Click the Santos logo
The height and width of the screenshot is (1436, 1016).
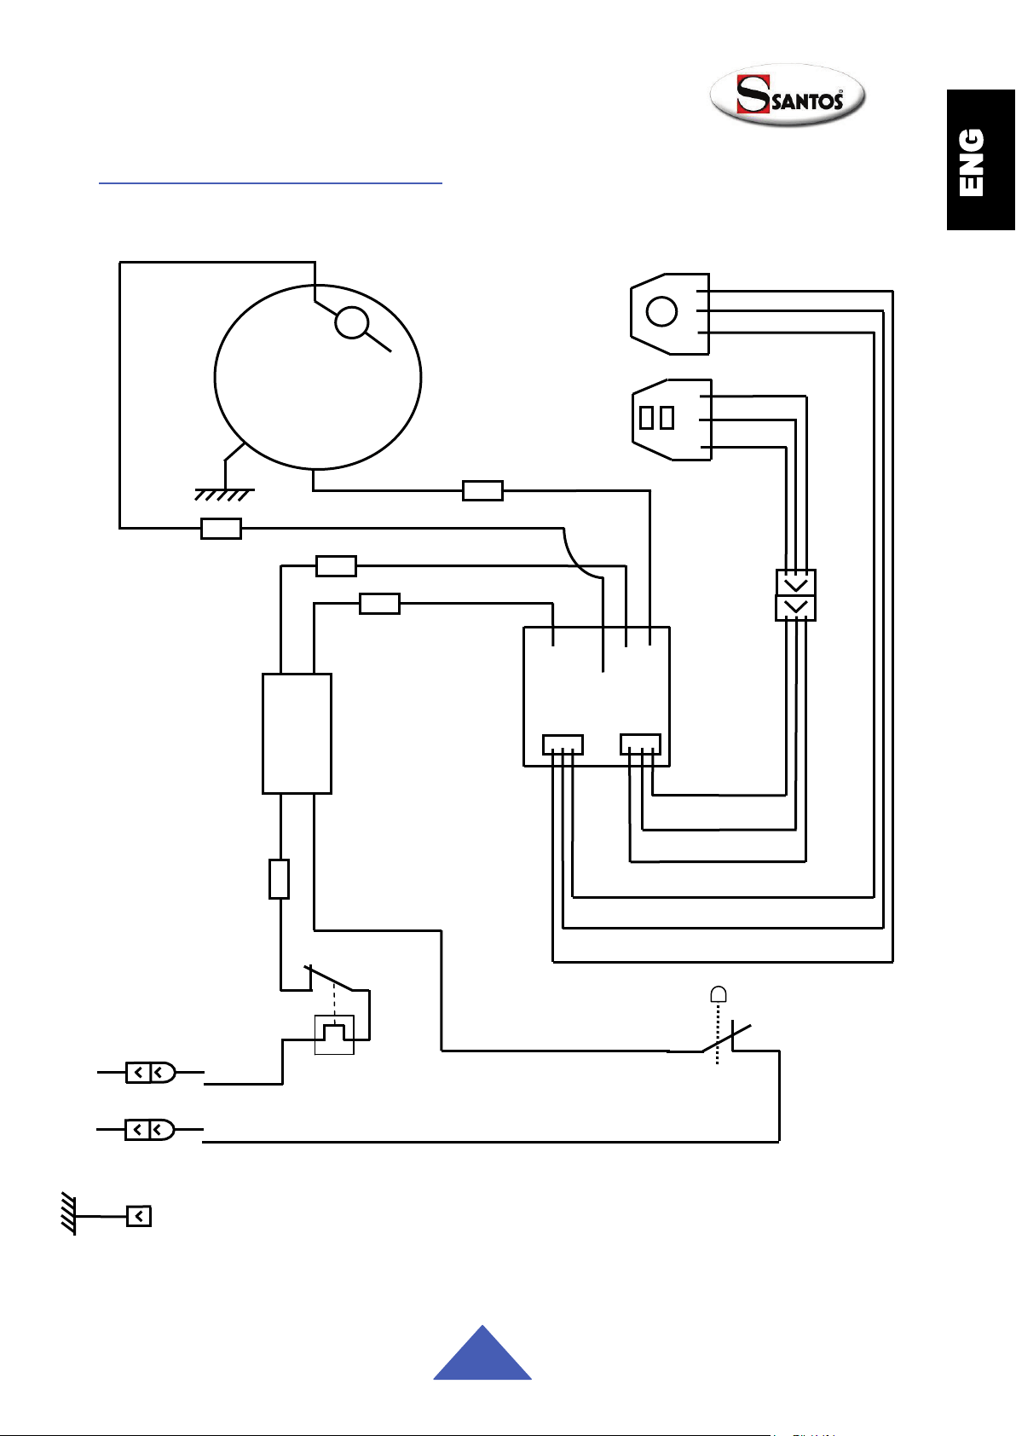(788, 95)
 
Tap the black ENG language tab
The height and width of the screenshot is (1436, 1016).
(980, 159)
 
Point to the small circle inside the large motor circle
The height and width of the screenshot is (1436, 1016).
(352, 322)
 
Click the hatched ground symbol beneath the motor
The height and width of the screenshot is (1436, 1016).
(224, 495)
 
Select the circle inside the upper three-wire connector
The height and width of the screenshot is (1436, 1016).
(661, 312)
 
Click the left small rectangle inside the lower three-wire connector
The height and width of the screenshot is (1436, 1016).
(646, 418)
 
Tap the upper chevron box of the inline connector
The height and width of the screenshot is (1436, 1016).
(795, 582)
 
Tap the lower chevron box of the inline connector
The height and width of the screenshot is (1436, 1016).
(795, 608)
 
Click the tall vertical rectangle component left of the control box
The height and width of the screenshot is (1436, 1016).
(297, 733)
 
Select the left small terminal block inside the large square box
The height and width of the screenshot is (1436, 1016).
(563, 744)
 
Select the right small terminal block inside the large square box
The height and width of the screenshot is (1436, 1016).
(641, 744)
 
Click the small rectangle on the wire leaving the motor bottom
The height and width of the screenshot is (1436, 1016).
(482, 490)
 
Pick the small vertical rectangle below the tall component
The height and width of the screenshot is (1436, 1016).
(280, 879)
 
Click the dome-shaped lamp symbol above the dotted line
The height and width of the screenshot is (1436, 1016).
(719, 994)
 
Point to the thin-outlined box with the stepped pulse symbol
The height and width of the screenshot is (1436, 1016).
(334, 1034)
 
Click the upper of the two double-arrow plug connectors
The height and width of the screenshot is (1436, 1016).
(151, 1072)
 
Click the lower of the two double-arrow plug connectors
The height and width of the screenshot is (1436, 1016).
(150, 1129)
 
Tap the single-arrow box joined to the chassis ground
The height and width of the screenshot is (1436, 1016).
(139, 1216)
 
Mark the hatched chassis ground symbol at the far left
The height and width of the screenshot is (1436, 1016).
(69, 1213)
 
